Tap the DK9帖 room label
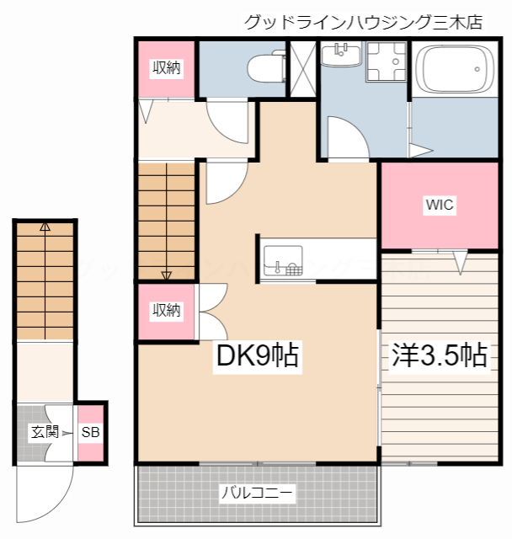257,356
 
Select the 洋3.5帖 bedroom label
439,355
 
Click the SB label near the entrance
90,433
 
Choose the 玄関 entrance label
44,433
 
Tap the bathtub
456,70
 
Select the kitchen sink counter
283,259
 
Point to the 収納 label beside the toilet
166,68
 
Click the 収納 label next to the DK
166,310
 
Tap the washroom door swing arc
345,137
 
